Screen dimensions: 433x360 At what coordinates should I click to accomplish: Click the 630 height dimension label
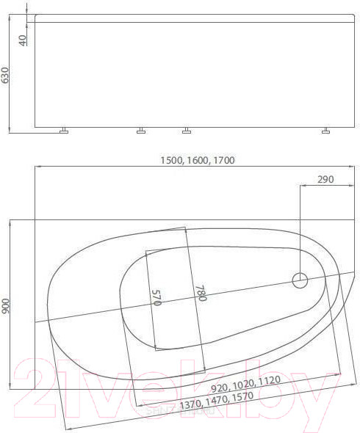(x=6, y=75)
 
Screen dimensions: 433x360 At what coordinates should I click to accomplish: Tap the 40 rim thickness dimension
(x=23, y=39)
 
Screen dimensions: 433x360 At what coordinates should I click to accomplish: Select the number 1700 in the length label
(x=222, y=160)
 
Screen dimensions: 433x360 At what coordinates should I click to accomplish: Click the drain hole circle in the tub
(x=300, y=280)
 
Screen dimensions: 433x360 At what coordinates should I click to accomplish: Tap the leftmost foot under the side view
(x=64, y=132)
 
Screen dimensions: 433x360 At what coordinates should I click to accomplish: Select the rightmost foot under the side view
(x=325, y=132)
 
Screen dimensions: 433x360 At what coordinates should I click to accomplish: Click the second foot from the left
(x=140, y=132)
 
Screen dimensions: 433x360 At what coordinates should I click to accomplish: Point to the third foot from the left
(x=186, y=132)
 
